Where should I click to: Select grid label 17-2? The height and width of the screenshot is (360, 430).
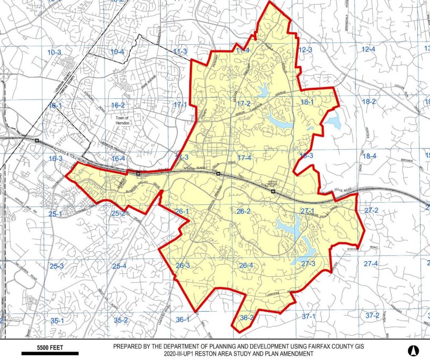click(x=243, y=104)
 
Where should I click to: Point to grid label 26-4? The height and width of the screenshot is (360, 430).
click(x=246, y=265)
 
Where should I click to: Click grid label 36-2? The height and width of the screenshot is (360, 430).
click(x=247, y=317)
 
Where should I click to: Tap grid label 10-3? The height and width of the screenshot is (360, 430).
click(x=54, y=53)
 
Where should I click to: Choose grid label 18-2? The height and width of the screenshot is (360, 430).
click(x=369, y=101)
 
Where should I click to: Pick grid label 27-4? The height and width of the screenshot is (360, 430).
click(x=371, y=263)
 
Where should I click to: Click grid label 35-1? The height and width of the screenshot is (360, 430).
click(x=57, y=320)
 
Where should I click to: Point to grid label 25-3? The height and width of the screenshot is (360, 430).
click(x=56, y=266)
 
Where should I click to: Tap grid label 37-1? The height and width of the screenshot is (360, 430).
click(x=309, y=316)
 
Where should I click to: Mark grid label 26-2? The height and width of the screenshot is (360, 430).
click(x=243, y=211)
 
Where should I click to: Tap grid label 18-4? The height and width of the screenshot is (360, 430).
click(x=370, y=156)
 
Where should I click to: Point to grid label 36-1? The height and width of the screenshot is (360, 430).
click(x=182, y=320)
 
